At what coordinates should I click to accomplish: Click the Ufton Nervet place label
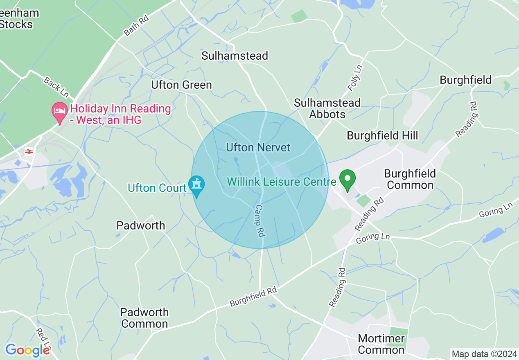click(258, 147)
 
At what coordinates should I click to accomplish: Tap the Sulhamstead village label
click(235, 56)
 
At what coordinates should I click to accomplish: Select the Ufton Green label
click(181, 85)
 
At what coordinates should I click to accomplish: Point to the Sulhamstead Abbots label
click(327, 108)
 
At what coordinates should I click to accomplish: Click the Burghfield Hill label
click(382, 135)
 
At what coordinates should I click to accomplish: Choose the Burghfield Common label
click(410, 179)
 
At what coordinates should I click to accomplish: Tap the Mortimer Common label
click(381, 344)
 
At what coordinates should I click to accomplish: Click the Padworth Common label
click(144, 318)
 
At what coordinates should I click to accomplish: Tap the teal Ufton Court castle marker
click(196, 185)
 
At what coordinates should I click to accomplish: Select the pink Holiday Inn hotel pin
click(60, 111)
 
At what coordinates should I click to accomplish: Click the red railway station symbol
click(29, 152)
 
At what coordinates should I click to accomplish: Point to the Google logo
click(27, 350)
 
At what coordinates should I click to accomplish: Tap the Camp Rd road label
click(259, 221)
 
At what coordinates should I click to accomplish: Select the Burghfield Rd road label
click(253, 297)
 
